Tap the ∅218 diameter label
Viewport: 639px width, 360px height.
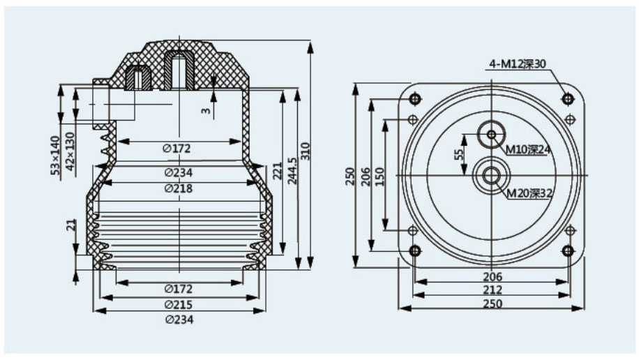179,188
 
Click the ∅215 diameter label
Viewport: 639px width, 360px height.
179,304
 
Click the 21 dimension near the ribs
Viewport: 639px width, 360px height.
70,225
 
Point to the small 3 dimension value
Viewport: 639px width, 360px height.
206,110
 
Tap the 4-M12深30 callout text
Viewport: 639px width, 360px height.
517,64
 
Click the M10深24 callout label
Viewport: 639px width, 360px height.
528,149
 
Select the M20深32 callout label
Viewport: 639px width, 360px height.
528,193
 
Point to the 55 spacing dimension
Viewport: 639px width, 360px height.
459,155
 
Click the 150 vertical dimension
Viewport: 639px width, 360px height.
379,176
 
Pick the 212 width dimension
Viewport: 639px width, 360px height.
493,290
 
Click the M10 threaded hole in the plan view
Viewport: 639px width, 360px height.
493,134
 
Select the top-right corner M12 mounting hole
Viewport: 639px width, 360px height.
567,98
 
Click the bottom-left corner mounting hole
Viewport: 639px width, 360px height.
416,251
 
